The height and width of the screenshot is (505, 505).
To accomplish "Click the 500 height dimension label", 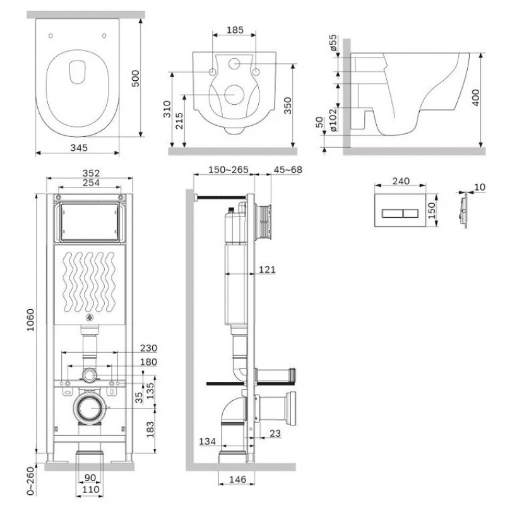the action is pyautogui.click(x=136, y=78).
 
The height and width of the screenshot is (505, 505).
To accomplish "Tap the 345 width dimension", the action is pyautogui.click(x=79, y=148).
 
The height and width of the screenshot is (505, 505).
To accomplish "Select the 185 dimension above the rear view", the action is pyautogui.click(x=235, y=30).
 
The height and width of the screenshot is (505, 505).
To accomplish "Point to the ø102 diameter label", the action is pyautogui.click(x=333, y=120).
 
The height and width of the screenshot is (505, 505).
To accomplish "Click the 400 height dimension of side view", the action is pyautogui.click(x=475, y=97).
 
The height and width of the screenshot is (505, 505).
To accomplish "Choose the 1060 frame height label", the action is pyautogui.click(x=30, y=320).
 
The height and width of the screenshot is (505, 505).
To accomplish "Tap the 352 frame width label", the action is pyautogui.click(x=91, y=173).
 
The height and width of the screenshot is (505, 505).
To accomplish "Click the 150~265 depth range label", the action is pyautogui.click(x=229, y=169).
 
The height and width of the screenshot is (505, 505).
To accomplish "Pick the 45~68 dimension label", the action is pyautogui.click(x=288, y=169).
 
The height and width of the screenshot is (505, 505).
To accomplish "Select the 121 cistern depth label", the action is pyautogui.click(x=267, y=270).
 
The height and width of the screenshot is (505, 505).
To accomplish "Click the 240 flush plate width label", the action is pyautogui.click(x=401, y=181).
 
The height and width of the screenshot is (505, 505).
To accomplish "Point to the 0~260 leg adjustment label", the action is pyautogui.click(x=30, y=481).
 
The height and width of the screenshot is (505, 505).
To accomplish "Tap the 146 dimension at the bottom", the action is pyautogui.click(x=238, y=479).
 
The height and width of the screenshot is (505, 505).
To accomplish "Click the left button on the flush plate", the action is pyautogui.click(x=392, y=213).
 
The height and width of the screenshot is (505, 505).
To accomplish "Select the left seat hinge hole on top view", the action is pyautogui.click(x=50, y=35).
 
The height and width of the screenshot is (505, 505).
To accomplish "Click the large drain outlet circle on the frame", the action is pyautogui.click(x=92, y=408).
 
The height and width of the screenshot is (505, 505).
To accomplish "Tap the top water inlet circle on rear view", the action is pyautogui.click(x=234, y=64).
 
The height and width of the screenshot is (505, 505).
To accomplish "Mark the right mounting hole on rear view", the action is pyautogui.click(x=256, y=73).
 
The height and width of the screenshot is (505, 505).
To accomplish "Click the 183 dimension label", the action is pyautogui.click(x=150, y=429).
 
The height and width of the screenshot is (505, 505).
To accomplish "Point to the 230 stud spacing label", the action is pyautogui.click(x=148, y=348).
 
